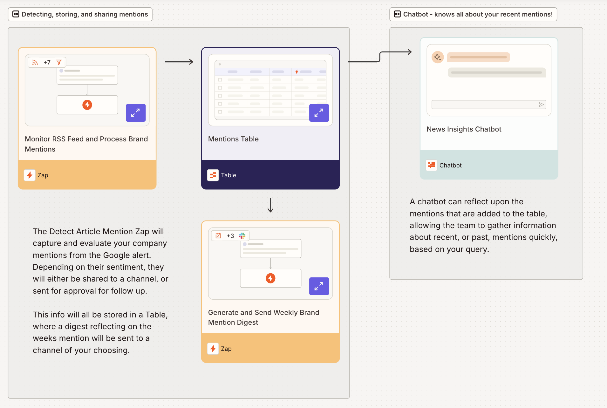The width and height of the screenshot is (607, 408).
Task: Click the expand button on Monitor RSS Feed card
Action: [136, 113]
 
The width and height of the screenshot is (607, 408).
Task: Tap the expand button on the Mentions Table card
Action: [319, 113]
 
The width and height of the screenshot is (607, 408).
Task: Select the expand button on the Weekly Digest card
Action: [319, 286]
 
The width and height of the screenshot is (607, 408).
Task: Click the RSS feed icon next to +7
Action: [35, 62]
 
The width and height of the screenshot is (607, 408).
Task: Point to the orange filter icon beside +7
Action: [59, 62]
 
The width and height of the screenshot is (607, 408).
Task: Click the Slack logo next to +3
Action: [242, 236]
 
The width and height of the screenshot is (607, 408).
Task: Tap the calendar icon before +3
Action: [218, 236]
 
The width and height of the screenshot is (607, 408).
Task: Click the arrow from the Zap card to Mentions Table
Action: [179, 62]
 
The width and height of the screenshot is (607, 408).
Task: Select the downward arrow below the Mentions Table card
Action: [270, 205]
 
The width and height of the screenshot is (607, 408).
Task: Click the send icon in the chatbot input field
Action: [541, 105]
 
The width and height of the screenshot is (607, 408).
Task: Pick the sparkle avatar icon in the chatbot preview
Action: [438, 57]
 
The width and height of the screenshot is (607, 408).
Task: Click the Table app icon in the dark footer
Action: [213, 175]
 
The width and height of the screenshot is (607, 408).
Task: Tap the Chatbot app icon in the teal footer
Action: [431, 165]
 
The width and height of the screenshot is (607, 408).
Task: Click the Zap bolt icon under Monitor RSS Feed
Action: [30, 175]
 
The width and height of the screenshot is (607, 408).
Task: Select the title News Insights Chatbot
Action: [464, 129]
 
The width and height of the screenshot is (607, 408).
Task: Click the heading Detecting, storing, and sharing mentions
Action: [85, 14]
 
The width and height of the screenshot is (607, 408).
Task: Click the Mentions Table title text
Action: [233, 139]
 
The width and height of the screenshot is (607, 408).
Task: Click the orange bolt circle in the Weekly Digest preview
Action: [270, 278]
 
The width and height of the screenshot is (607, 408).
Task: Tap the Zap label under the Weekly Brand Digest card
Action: [226, 349]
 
